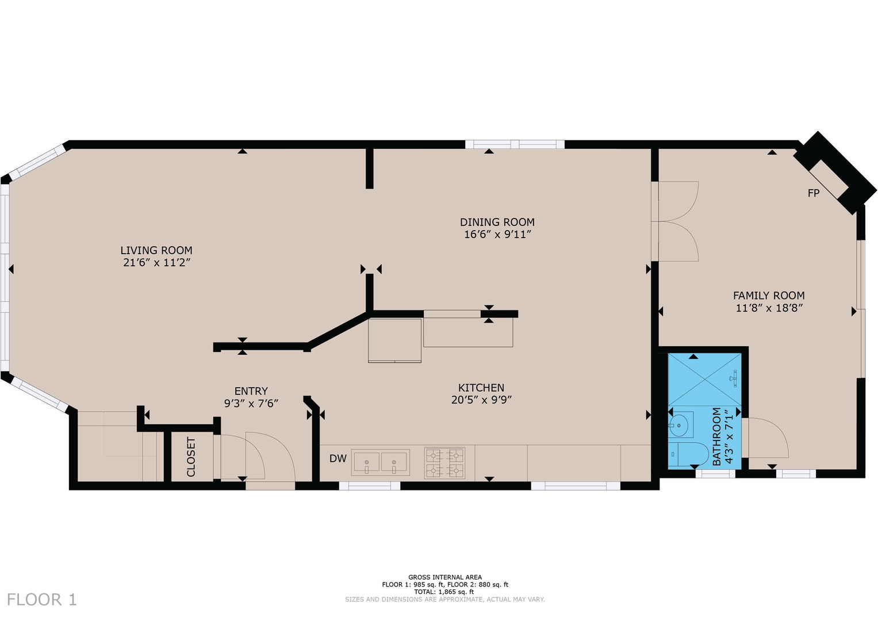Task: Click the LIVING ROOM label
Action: pyautogui.click(x=156, y=250)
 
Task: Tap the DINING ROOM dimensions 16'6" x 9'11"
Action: pyautogui.click(x=497, y=235)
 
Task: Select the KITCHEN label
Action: pyautogui.click(x=481, y=388)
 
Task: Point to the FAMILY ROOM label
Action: pyautogui.click(x=768, y=296)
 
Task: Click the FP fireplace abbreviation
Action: pyautogui.click(x=813, y=193)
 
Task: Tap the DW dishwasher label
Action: pyautogui.click(x=338, y=458)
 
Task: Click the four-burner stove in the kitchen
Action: pyautogui.click(x=444, y=463)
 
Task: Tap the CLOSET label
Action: pyautogui.click(x=191, y=457)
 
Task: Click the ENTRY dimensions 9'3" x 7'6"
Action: pyautogui.click(x=251, y=404)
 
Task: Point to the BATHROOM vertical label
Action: pyautogui.click(x=716, y=436)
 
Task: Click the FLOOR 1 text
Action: pyautogui.click(x=41, y=600)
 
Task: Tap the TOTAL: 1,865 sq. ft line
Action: pyautogui.click(x=444, y=592)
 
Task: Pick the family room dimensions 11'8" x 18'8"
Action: pyautogui.click(x=769, y=308)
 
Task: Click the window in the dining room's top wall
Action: pyautogui.click(x=515, y=144)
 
